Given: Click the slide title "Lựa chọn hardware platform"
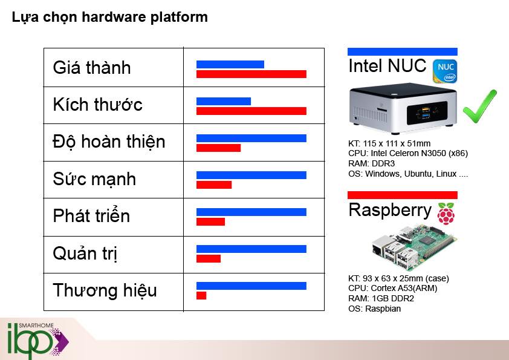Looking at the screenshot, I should tap(109, 17).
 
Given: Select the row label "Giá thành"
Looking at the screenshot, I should tap(92, 67).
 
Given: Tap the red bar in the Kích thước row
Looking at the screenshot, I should tap(251, 111).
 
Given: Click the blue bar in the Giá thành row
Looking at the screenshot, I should tap(230, 64).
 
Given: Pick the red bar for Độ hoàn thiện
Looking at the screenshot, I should tap(218, 148).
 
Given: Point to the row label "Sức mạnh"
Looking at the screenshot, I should tap(94, 179).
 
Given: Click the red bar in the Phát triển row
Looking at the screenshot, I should tap(210, 222).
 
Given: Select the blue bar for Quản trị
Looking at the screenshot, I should tap(251, 249).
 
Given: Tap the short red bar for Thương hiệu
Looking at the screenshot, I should tap(201, 296).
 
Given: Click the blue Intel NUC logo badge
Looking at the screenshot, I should tap(445, 71).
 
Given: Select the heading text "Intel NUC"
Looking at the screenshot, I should tap(387, 66).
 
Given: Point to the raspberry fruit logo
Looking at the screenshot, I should tap(446, 214).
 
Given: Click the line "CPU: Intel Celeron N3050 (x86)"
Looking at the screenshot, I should tap(408, 153).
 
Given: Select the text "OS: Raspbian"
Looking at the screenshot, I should tap(375, 309).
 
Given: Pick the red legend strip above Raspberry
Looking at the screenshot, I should tap(402, 195).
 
